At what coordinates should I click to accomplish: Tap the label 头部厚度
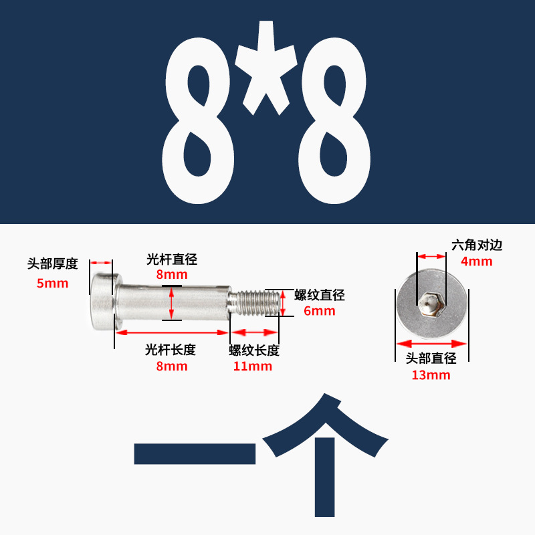point(53,263)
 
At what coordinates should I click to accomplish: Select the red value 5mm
point(53,283)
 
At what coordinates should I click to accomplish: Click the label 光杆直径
point(172,259)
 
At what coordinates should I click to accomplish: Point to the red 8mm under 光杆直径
point(172,275)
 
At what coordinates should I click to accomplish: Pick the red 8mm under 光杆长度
point(172,366)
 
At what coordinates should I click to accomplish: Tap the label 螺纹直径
point(320,295)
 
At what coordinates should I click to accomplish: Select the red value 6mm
point(320,311)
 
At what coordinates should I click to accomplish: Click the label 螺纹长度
point(254,350)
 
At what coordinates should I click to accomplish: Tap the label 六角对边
point(477,245)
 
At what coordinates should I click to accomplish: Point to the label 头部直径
point(431,358)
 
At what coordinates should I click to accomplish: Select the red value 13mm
point(431,374)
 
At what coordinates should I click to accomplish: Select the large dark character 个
point(325,455)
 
